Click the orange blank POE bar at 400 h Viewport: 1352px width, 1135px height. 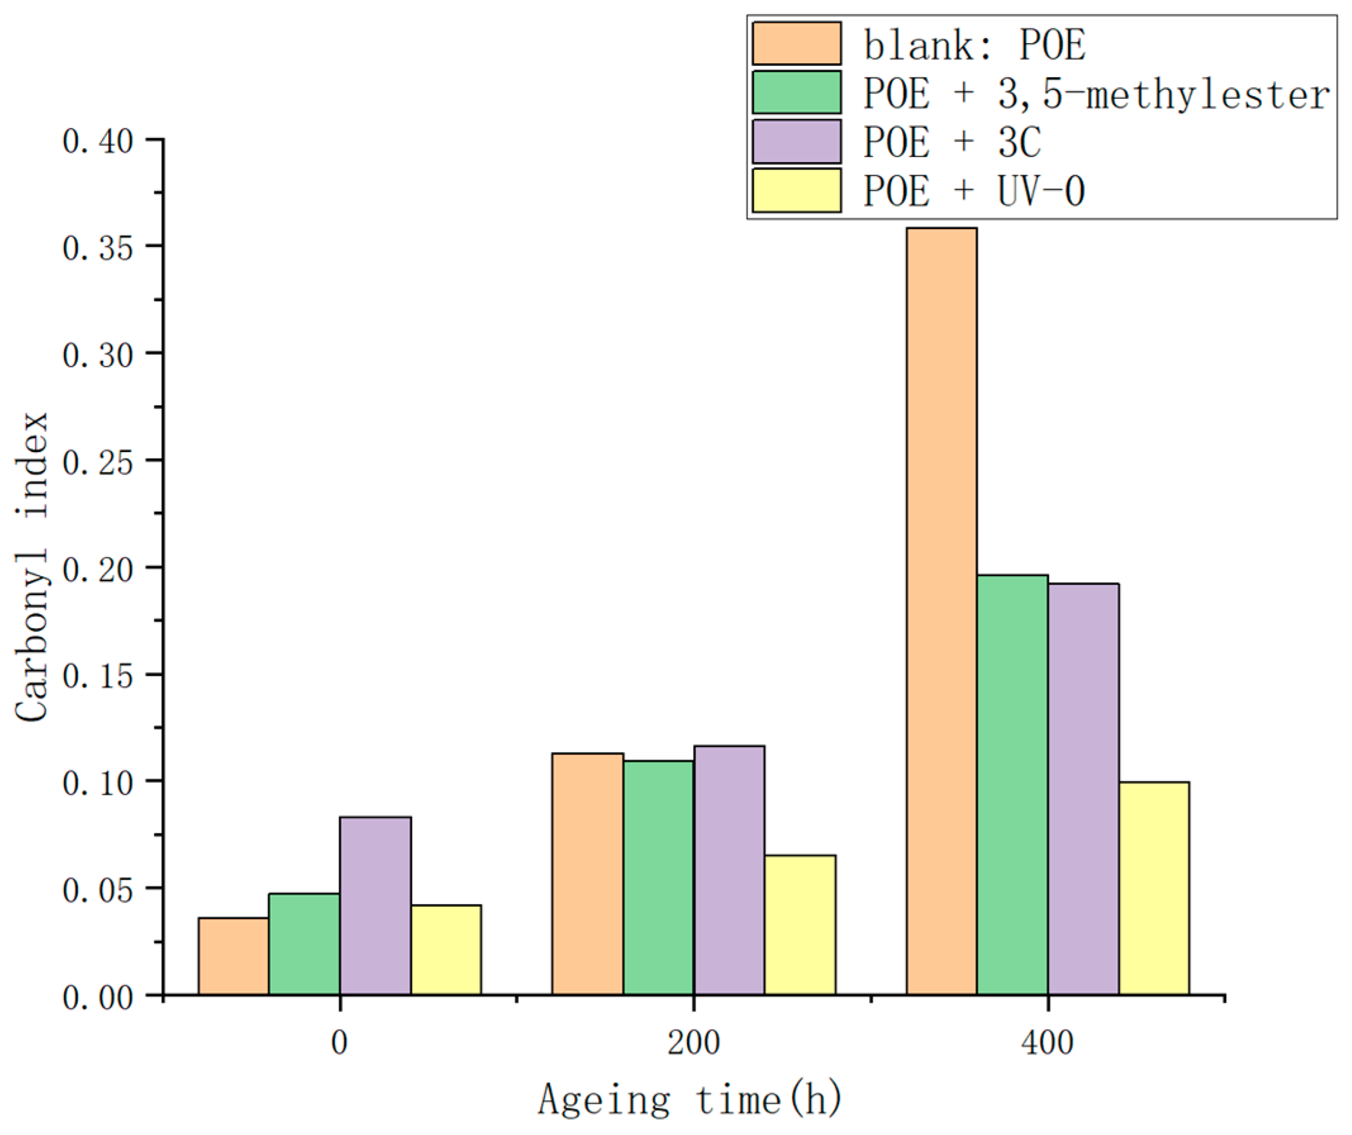[x=941, y=611]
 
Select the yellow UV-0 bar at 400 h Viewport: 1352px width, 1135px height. [x=1154, y=888]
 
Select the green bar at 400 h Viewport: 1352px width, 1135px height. [x=1012, y=785]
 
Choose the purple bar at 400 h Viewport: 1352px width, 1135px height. [x=1083, y=789]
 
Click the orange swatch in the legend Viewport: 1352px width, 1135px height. [x=796, y=44]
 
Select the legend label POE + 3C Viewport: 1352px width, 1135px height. [x=951, y=142]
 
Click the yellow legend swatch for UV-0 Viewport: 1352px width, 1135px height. [x=796, y=191]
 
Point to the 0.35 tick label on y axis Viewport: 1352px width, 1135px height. [x=98, y=248]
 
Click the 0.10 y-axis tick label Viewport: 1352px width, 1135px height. [x=98, y=783]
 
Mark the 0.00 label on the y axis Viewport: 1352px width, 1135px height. [x=98, y=997]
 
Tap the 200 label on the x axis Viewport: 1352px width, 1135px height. [x=693, y=1043]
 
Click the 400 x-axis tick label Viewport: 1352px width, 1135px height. [x=1048, y=1043]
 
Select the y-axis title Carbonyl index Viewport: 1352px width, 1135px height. [x=32, y=567]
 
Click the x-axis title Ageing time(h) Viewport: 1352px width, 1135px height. [x=690, y=1099]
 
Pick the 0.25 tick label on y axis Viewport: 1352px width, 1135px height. [x=98, y=462]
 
